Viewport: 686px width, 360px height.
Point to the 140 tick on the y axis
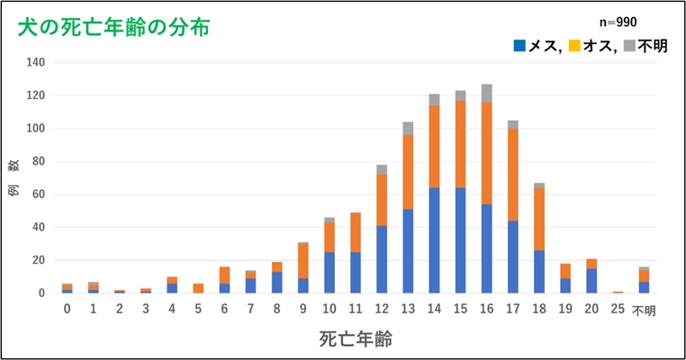(36, 63)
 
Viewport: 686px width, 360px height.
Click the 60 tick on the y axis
(39, 194)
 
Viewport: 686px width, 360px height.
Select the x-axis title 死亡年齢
(355, 339)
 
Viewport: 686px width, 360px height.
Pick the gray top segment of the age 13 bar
(408, 128)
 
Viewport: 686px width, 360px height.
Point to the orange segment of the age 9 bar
(303, 261)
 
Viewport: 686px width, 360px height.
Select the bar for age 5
(199, 288)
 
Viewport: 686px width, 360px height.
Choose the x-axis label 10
(329, 310)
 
